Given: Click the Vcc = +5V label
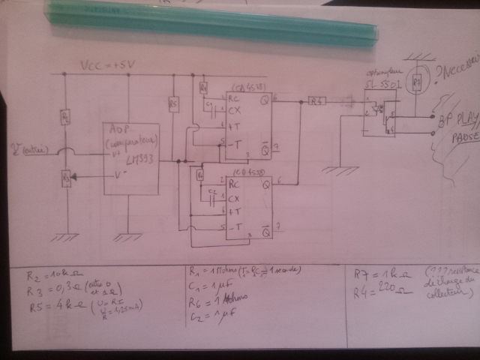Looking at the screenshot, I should coord(109,67).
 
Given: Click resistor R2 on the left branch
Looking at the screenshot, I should coord(66,117).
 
